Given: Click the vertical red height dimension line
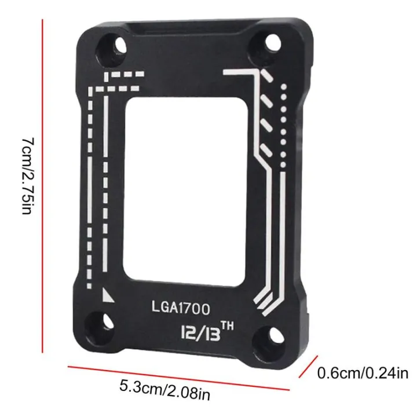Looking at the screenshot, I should (x=43, y=185).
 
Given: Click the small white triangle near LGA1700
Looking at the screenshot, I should (x=107, y=296).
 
